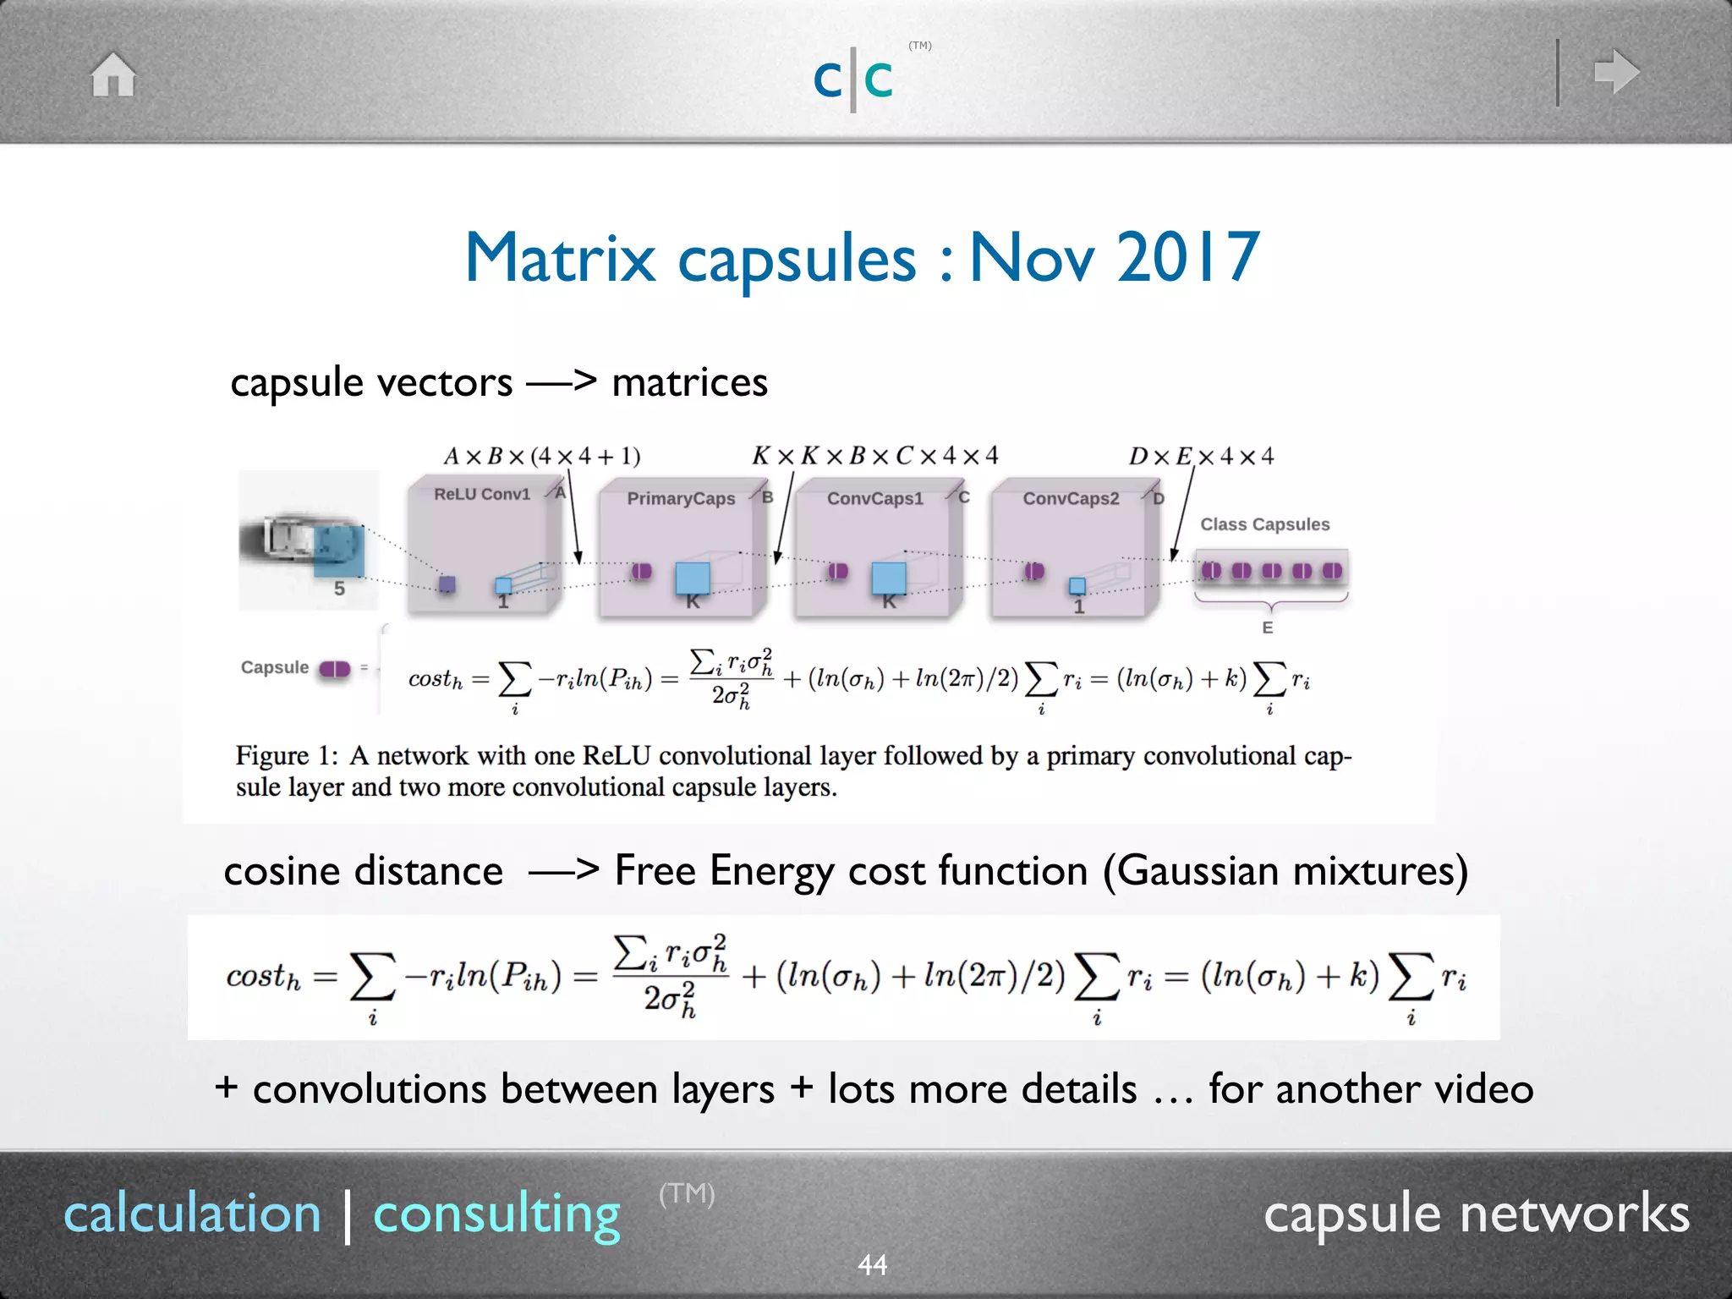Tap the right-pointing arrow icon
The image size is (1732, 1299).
tap(1616, 72)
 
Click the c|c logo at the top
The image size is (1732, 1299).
tap(853, 79)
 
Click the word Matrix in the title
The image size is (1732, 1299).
tap(560, 257)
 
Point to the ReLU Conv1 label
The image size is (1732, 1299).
tap(482, 494)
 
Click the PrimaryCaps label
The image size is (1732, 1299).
tap(681, 499)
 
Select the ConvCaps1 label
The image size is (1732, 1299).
tap(875, 499)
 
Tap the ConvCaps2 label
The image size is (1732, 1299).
tap(1071, 499)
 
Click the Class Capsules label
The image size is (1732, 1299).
tap(1264, 524)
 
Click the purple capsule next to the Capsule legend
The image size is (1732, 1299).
tap(335, 669)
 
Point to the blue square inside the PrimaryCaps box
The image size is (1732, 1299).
tap(693, 578)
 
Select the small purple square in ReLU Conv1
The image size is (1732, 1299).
tap(447, 584)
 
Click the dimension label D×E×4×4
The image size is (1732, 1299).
tap(1201, 457)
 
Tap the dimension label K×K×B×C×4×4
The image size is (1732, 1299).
tap(874, 456)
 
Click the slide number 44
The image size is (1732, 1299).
tap(872, 1265)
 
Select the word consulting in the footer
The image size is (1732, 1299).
tap(496, 1214)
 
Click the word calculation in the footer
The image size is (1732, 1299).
tap(193, 1214)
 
